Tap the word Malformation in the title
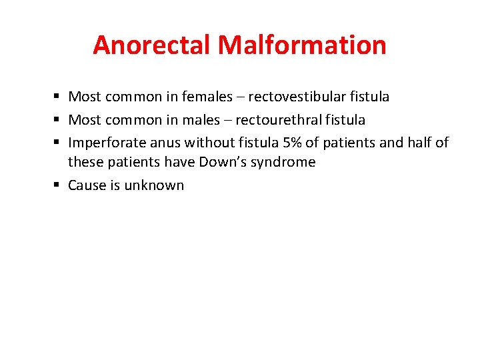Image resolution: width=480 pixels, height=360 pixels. (x=302, y=45)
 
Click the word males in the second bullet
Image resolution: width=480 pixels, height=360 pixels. (x=200, y=120)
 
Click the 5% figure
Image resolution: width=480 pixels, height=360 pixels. (x=291, y=143)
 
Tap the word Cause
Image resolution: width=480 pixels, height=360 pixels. (x=87, y=185)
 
